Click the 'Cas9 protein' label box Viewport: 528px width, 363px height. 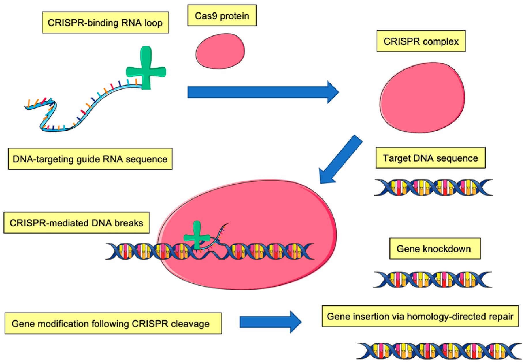(x=222, y=16)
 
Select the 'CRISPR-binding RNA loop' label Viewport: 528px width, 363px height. (x=105, y=23)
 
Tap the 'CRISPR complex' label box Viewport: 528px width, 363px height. (x=421, y=41)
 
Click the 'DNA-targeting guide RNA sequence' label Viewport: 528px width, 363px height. (x=90, y=159)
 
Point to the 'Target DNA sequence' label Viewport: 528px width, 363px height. (x=430, y=158)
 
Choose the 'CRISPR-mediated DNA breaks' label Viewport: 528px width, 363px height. (x=76, y=223)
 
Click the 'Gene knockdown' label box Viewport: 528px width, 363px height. (x=435, y=249)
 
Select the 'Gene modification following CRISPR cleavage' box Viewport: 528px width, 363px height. (x=113, y=324)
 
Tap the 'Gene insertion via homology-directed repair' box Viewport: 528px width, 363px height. (x=420, y=316)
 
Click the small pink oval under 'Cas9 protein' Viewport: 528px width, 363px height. (x=220, y=51)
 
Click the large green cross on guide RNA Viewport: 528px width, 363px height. (x=146, y=69)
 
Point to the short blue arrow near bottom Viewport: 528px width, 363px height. (x=269, y=322)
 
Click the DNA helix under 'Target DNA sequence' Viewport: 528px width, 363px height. (x=433, y=188)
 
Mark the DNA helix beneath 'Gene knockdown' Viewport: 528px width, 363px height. (x=432, y=279)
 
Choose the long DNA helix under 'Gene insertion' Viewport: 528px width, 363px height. (x=439, y=351)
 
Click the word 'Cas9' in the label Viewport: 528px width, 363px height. (x=206, y=16)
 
